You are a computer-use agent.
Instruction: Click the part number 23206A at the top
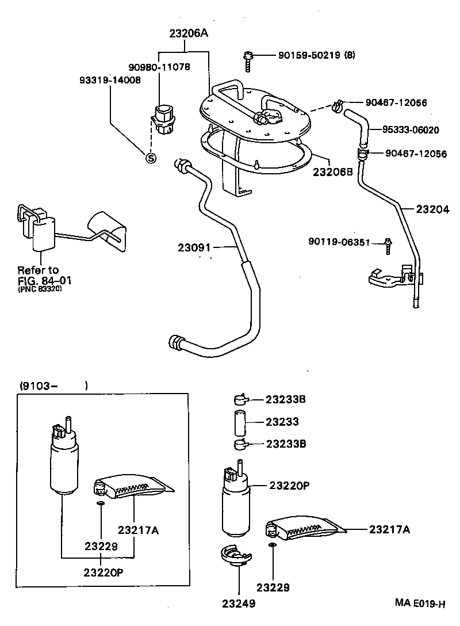pos(188,34)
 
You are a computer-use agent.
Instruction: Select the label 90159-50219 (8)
pos(316,55)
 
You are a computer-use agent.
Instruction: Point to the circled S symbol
pos(151,157)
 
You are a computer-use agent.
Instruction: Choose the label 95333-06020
pos(411,130)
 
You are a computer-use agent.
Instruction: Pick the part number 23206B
pos(332,171)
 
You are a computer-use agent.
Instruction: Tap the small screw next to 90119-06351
pos(389,246)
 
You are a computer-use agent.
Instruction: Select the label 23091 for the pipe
pos(195,248)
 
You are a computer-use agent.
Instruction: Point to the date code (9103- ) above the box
pos(53,386)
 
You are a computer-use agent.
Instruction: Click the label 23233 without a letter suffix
pos(282,422)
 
